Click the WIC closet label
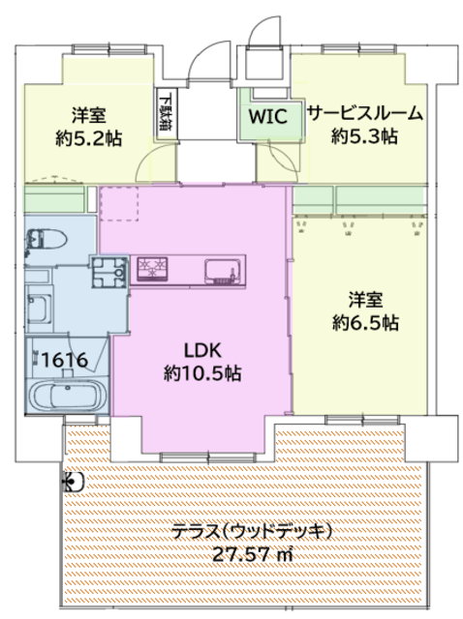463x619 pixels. click(x=267, y=116)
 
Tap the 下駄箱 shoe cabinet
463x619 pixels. click(x=166, y=114)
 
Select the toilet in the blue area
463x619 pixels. click(x=46, y=239)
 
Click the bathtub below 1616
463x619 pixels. click(x=67, y=397)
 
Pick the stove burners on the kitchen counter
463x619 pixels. click(x=153, y=269)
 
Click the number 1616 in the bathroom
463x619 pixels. click(x=65, y=360)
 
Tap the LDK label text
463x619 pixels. click(x=202, y=350)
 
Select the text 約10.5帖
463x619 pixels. click(x=202, y=372)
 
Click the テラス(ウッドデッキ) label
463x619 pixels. click(x=252, y=531)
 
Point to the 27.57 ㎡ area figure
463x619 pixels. click(x=253, y=553)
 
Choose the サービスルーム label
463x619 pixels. click(x=365, y=114)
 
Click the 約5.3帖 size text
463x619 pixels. click(x=364, y=136)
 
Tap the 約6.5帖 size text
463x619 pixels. click(x=365, y=322)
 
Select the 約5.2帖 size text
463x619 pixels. click(x=89, y=138)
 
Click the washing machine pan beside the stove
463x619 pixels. click(x=110, y=271)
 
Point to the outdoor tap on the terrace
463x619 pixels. click(x=74, y=482)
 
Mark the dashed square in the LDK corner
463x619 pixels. click(x=119, y=204)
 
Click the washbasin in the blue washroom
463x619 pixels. click(x=40, y=308)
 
